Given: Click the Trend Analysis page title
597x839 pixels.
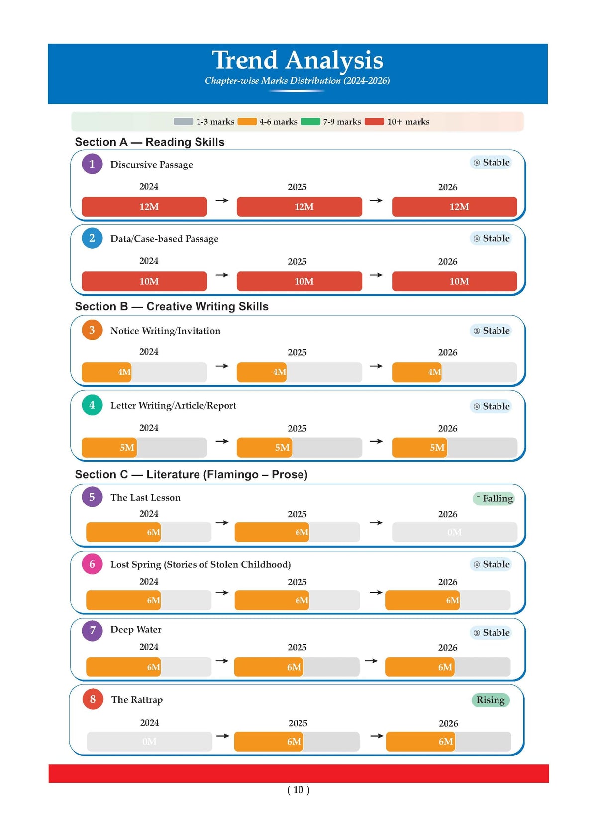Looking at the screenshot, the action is pyautogui.click(x=298, y=60).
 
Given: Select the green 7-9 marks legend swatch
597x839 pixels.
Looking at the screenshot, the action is pyautogui.click(x=310, y=122).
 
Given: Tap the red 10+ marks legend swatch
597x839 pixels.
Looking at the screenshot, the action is pyautogui.click(x=374, y=122).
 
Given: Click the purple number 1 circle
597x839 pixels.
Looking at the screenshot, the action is pyautogui.click(x=92, y=164).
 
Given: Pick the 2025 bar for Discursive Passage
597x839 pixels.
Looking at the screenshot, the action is pyautogui.click(x=299, y=207).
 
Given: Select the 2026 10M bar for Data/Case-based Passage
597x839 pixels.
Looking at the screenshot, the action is pyautogui.click(x=455, y=281).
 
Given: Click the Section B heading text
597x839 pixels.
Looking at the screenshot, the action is pyautogui.click(x=172, y=306).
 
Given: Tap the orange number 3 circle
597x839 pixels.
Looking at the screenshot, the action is pyautogui.click(x=92, y=330).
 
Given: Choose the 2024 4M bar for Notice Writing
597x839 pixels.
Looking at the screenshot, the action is pyautogui.click(x=106, y=372).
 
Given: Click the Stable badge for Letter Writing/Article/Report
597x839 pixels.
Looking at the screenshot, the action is pyautogui.click(x=491, y=406).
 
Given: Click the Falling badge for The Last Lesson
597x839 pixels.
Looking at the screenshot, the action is pyautogui.click(x=494, y=498).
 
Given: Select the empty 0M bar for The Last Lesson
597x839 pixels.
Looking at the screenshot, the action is pyautogui.click(x=455, y=532).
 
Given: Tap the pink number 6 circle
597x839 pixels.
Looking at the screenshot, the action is pyautogui.click(x=92, y=564).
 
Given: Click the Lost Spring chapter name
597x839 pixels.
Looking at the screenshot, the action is pyautogui.click(x=200, y=565).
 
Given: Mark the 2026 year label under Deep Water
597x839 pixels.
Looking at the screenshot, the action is pyautogui.click(x=448, y=648).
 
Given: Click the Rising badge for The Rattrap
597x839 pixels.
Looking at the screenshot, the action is pyautogui.click(x=491, y=700).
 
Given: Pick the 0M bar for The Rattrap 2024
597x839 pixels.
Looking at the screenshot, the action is pyautogui.click(x=150, y=742).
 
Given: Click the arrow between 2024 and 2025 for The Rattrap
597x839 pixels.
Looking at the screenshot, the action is pyautogui.click(x=223, y=736).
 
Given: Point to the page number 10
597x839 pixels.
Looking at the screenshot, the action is pyautogui.click(x=298, y=790).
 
